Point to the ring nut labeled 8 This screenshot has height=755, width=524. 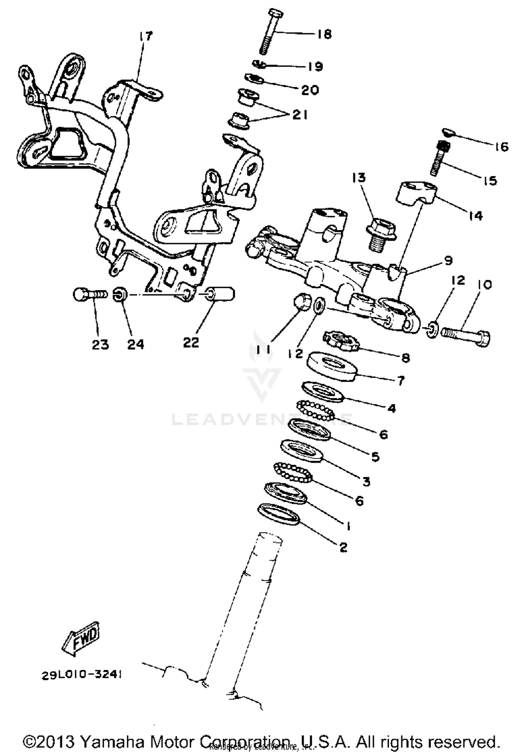(340, 341)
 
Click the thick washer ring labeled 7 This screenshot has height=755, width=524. (332, 367)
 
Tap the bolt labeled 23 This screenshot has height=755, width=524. (89, 294)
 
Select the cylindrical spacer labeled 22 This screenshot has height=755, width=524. (221, 294)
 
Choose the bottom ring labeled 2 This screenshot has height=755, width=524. (278, 514)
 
